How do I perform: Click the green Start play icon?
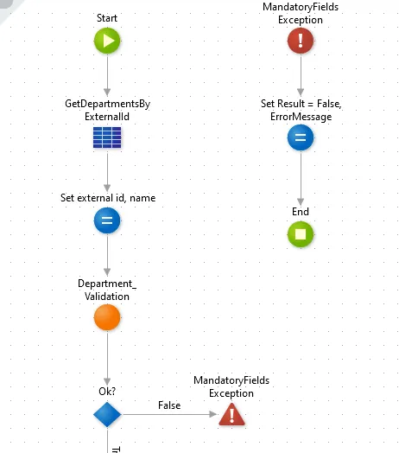107,41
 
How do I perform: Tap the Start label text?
107,18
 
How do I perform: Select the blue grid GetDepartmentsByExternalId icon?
107,137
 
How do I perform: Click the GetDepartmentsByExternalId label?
107,110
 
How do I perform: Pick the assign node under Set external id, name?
107,220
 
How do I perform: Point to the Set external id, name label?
108,198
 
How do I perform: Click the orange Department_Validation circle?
107,317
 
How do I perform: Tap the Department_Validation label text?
107,290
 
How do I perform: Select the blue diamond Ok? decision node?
107,414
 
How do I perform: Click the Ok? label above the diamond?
107,392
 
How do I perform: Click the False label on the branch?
169,405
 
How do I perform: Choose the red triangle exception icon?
231,415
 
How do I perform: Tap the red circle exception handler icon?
301,41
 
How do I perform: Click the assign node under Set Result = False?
301,137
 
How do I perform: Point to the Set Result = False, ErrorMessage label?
301,110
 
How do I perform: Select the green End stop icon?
301,234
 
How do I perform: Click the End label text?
301,212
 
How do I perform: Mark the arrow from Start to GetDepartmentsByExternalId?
107,76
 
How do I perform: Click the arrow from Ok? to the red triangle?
170,414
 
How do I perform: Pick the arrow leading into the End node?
301,179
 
